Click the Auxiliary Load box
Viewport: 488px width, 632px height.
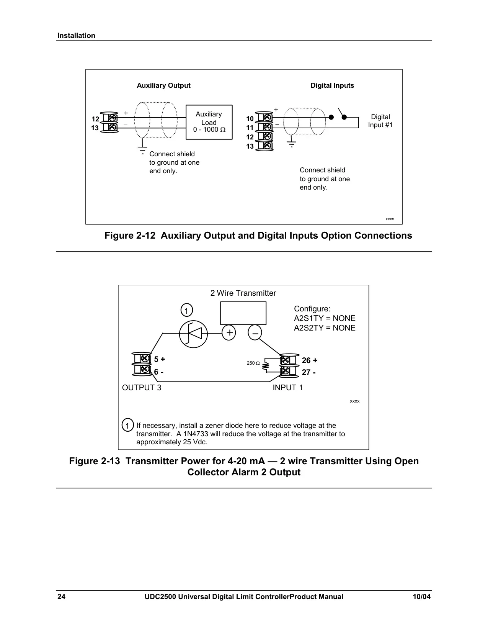pyautogui.click(x=209, y=122)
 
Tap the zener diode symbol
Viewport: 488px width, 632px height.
pyautogui.click(x=193, y=334)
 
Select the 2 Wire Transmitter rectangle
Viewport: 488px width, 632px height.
pyautogui.click(x=243, y=313)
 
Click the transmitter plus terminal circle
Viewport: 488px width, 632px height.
pyautogui.click(x=229, y=333)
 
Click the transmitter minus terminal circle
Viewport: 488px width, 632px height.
pyautogui.click(x=255, y=333)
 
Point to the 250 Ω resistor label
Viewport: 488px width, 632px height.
pyautogui.click(x=253, y=363)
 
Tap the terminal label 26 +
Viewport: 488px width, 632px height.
pyautogui.click(x=310, y=360)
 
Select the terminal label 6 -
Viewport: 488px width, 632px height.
pyautogui.click(x=159, y=372)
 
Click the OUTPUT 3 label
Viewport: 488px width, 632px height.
pyautogui.click(x=142, y=388)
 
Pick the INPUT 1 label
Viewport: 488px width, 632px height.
pyautogui.click(x=288, y=388)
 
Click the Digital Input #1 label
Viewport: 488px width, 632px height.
pyautogui.click(x=380, y=121)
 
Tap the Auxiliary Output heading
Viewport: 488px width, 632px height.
pyautogui.click(x=164, y=85)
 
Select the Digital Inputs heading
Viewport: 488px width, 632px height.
pyautogui.click(x=332, y=85)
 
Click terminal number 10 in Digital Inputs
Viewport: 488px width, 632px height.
pyautogui.click(x=250, y=119)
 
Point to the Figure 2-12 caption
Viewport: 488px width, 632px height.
pyautogui.click(x=258, y=235)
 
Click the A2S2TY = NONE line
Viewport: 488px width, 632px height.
pyautogui.click(x=325, y=328)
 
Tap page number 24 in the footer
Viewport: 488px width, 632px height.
pyautogui.click(x=61, y=597)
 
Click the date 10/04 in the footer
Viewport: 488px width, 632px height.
pyautogui.click(x=422, y=597)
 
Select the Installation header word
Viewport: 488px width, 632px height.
pyautogui.click(x=76, y=36)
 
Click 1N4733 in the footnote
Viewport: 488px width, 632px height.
pyautogui.click(x=196, y=434)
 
